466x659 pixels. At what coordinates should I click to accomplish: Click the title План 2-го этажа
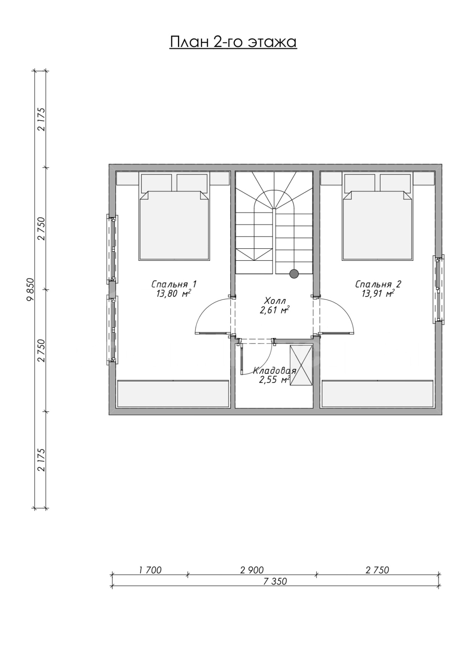click(233, 42)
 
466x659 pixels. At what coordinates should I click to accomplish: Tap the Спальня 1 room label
click(174, 284)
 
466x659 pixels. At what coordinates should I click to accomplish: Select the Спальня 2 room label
click(378, 284)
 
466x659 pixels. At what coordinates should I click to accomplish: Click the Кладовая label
click(274, 370)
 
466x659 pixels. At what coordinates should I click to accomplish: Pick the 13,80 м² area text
click(173, 294)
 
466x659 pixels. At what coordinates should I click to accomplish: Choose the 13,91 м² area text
click(378, 294)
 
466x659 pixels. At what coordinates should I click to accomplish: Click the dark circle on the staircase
click(294, 274)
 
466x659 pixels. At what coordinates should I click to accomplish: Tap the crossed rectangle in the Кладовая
click(301, 365)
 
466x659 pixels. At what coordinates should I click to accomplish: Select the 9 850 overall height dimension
click(30, 290)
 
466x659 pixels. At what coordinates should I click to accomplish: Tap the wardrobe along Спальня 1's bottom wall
click(173, 394)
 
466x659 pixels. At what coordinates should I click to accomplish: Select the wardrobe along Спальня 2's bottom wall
click(377, 394)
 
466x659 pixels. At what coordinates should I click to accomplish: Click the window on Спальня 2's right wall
click(438, 290)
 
